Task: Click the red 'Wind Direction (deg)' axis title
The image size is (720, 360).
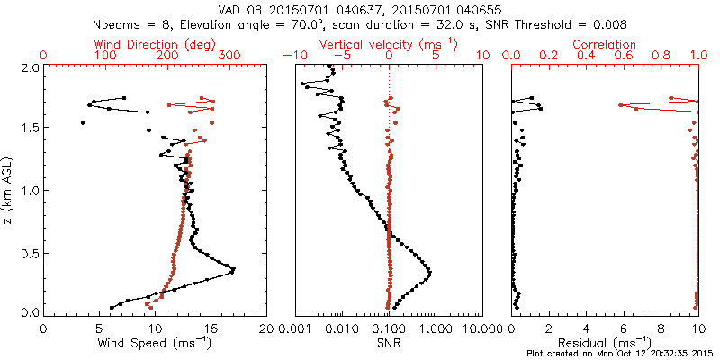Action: pyautogui.click(x=155, y=43)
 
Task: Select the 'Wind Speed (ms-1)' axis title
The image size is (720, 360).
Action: pyautogui.click(x=155, y=342)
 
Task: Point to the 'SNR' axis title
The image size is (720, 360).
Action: pyautogui.click(x=389, y=342)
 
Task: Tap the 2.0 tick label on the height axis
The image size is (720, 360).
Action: pyautogui.click(x=30, y=67)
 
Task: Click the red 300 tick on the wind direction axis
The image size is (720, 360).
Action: pyautogui.click(x=229, y=56)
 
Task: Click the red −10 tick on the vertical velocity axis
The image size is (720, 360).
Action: pyautogui.click(x=294, y=56)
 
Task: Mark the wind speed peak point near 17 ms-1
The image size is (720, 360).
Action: pyautogui.click(x=233, y=270)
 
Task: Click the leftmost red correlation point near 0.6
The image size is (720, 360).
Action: pyautogui.click(x=620, y=105)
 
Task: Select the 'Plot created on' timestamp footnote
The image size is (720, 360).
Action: pyautogui.click(x=621, y=354)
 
